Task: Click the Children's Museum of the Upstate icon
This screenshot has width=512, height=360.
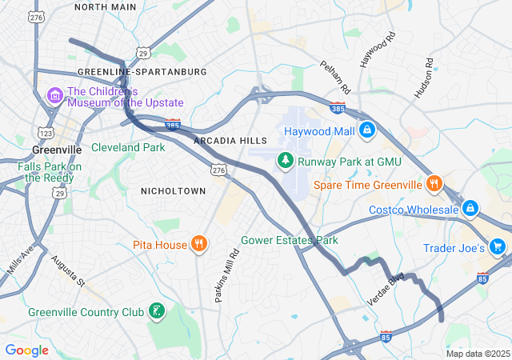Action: tap(55, 97)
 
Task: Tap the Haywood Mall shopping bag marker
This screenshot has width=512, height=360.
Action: tap(367, 130)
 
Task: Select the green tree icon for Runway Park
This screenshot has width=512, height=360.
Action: tap(285, 161)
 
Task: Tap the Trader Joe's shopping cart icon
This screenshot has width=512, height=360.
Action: tap(498, 248)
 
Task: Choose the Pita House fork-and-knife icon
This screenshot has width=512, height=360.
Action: tap(198, 244)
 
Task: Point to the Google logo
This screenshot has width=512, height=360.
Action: tap(26, 350)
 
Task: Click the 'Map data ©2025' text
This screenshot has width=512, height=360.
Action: tap(478, 354)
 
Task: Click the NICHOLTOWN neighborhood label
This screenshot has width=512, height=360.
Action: tap(173, 190)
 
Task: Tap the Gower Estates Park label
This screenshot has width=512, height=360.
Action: tap(290, 240)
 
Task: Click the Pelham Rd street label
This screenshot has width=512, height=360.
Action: tap(335, 76)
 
